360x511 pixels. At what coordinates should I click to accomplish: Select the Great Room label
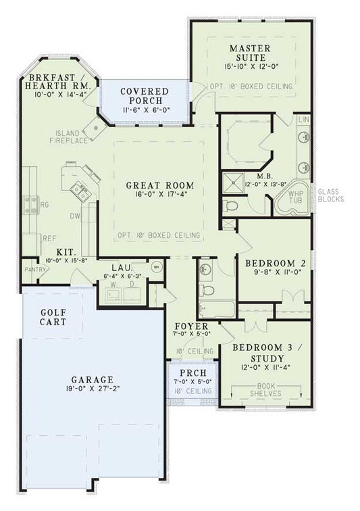pyautogui.click(x=160, y=185)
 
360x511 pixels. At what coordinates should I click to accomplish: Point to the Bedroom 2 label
pyautogui.click(x=271, y=263)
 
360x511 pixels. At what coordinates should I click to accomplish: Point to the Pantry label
pyautogui.click(x=33, y=269)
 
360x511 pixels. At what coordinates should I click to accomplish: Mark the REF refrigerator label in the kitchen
pyautogui.click(x=49, y=238)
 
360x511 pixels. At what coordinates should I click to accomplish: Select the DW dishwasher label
pyautogui.click(x=74, y=216)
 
